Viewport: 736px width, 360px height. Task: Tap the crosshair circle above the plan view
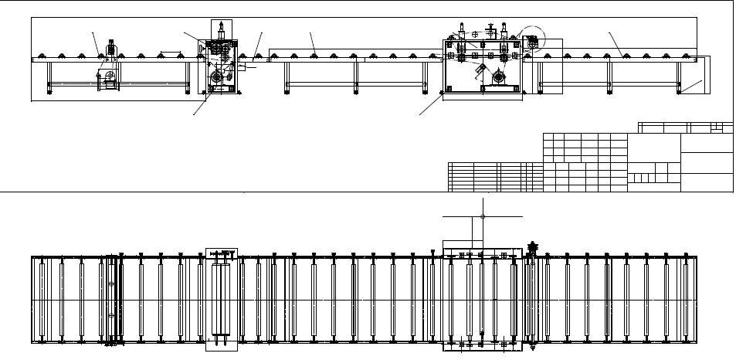tap(483, 216)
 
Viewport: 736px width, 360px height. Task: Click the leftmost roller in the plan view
tap(42, 299)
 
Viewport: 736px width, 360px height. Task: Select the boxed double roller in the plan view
tap(221, 299)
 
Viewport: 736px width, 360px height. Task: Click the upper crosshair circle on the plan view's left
tap(111, 284)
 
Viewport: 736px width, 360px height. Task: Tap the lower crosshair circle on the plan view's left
tap(111, 316)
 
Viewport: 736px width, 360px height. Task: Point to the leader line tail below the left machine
tap(194, 113)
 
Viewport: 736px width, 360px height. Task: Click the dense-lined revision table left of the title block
tap(495, 176)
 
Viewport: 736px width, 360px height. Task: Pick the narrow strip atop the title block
tap(685, 127)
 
